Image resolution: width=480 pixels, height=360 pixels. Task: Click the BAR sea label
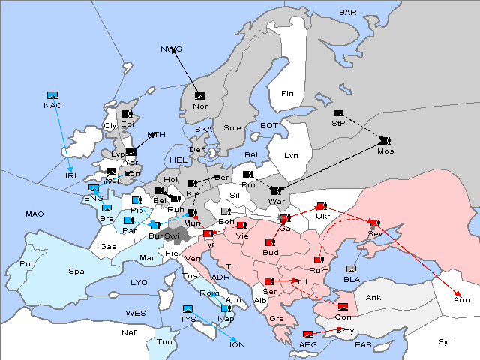347,13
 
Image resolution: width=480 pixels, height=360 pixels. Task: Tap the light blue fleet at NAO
52,95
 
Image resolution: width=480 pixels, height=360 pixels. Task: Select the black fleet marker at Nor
199,95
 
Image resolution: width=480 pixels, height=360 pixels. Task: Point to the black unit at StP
338,112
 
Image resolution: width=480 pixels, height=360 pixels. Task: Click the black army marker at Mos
385,140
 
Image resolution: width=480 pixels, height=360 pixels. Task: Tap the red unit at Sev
373,223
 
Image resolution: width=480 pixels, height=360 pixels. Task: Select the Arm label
462,300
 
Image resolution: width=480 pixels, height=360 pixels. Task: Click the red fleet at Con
343,307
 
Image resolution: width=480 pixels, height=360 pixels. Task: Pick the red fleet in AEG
307,334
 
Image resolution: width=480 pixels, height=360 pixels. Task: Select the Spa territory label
76,271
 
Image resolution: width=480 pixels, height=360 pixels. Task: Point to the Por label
28,264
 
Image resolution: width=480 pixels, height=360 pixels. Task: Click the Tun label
165,341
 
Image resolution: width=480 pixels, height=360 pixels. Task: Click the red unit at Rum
318,260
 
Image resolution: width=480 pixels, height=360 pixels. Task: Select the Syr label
445,341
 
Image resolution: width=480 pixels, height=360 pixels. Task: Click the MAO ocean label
34,214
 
